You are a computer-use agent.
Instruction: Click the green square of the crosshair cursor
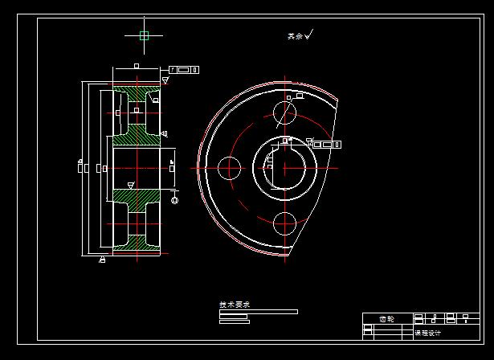[144, 35]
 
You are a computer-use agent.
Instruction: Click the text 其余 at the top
[295, 36]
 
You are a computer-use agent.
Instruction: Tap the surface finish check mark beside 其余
[308, 34]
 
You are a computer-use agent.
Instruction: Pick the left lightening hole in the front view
[229, 168]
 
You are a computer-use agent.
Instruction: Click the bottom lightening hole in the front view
[285, 223]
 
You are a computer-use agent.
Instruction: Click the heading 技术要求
[235, 305]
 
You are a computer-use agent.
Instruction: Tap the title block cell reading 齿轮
[386, 319]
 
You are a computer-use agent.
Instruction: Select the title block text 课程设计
[427, 333]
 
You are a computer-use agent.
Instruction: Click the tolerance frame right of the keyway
[326, 145]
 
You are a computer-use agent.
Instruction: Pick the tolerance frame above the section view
[183, 70]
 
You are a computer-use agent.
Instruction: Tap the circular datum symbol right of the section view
[174, 199]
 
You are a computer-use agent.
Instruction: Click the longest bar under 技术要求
[258, 312]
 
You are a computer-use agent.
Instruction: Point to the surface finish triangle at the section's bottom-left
[102, 259]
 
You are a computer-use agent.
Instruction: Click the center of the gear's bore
[285, 168]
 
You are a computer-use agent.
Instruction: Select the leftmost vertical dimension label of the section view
[80, 168]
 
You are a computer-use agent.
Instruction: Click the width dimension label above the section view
[137, 66]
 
